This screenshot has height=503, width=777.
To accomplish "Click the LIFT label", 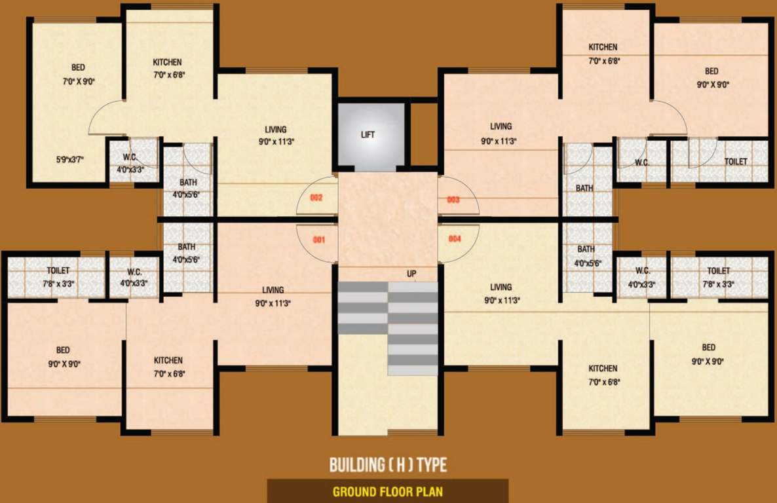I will (368, 135).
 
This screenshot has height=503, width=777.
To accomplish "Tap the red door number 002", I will (316, 197).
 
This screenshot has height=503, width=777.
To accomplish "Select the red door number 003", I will (453, 200).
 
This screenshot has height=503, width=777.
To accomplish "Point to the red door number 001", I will (319, 240).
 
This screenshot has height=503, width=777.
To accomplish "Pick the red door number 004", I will (455, 239).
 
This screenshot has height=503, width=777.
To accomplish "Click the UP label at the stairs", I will (411, 274).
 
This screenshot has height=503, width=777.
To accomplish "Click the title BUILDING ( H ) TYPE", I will (388, 466).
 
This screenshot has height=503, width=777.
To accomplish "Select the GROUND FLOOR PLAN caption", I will (388, 491).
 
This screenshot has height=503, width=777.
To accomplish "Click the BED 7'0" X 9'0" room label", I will (79, 67).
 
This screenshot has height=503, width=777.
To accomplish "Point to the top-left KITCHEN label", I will (167, 62).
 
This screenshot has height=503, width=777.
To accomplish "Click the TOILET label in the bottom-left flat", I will (58, 270).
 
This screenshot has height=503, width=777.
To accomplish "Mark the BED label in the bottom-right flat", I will (708, 348).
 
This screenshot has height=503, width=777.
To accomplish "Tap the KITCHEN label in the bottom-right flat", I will (603, 369).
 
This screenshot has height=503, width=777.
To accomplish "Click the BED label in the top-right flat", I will (711, 71).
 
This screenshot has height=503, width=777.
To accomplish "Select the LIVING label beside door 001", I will (273, 290).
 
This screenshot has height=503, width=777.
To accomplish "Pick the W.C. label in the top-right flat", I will (642, 162).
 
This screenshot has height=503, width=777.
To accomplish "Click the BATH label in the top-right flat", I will (584, 189).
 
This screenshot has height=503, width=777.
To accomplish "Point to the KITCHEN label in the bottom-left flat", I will (168, 360).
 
